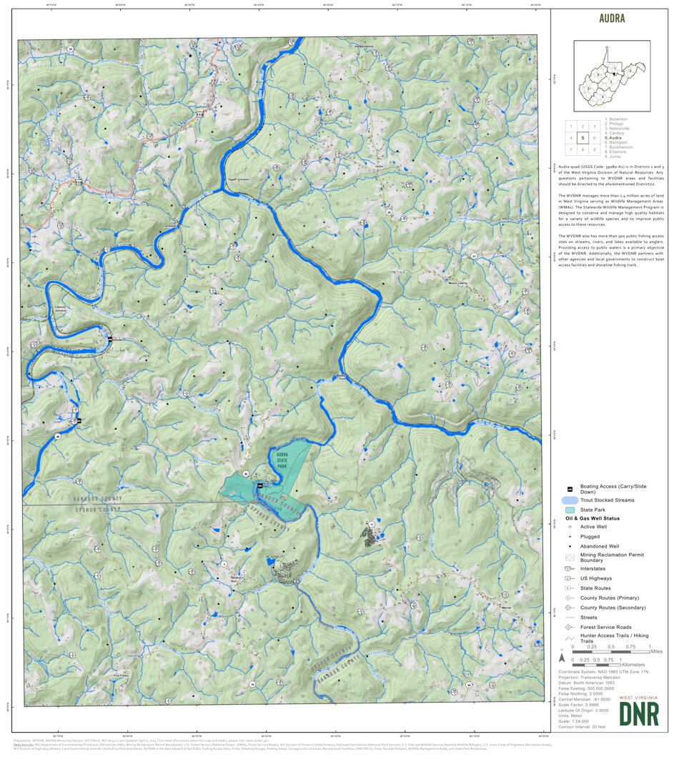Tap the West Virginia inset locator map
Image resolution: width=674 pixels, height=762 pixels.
pos(612,75)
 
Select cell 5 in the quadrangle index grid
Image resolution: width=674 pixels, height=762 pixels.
pos(583,138)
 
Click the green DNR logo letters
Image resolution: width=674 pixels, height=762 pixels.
pos(639,713)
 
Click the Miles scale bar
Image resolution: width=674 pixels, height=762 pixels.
pos(611,653)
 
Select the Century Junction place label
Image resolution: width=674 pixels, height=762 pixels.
pos(65,310)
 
